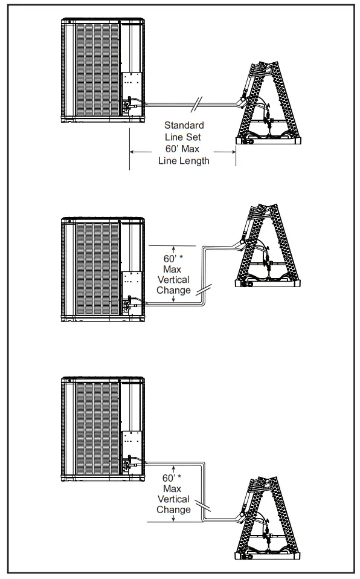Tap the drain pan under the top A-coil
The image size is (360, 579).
[x=268, y=141]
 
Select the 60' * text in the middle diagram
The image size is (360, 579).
[x=174, y=259]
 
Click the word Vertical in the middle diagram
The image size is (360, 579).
[x=174, y=280]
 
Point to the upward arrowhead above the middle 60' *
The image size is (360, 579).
[x=174, y=248]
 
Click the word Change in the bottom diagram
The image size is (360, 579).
[x=174, y=509]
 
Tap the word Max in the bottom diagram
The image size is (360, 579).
[x=174, y=488]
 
